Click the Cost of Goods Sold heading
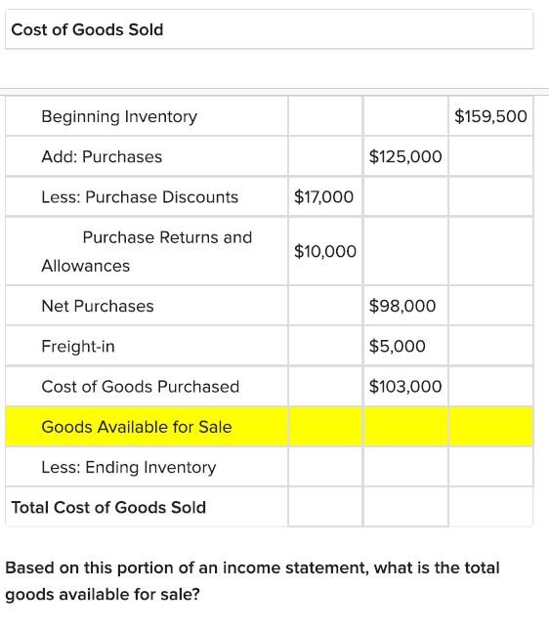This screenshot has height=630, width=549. (x=87, y=29)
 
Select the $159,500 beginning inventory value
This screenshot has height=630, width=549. (x=490, y=116)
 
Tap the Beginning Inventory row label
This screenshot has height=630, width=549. (x=119, y=116)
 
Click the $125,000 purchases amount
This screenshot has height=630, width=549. (x=405, y=156)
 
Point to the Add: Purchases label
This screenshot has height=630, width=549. (x=102, y=156)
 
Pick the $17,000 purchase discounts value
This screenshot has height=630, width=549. (x=323, y=197)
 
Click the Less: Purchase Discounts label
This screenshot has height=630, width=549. (x=140, y=197)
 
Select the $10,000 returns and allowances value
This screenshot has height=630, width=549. (x=324, y=252)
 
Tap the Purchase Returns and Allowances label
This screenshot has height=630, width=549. (x=147, y=251)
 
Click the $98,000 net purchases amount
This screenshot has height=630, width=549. (x=402, y=307)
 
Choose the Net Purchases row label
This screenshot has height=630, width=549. (x=98, y=307)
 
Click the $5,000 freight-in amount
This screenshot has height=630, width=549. (x=398, y=346)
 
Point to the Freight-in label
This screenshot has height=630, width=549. (x=78, y=346)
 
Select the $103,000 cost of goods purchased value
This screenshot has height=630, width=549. (x=405, y=387)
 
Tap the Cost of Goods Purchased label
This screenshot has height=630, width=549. (x=140, y=387)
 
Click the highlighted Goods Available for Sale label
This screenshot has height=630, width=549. (x=137, y=427)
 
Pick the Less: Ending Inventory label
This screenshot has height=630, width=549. (x=129, y=467)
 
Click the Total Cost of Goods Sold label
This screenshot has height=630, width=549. (x=108, y=507)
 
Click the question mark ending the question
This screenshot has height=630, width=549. (x=196, y=594)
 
